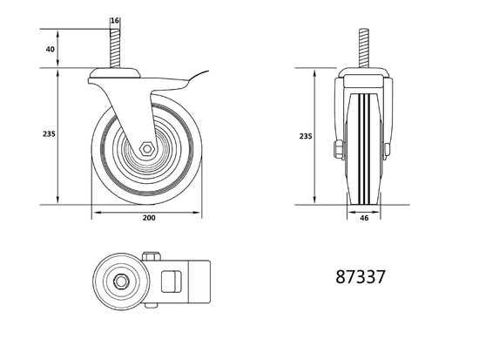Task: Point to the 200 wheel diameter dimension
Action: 149,218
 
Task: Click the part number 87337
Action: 360,277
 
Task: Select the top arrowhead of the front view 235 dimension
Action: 313,74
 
